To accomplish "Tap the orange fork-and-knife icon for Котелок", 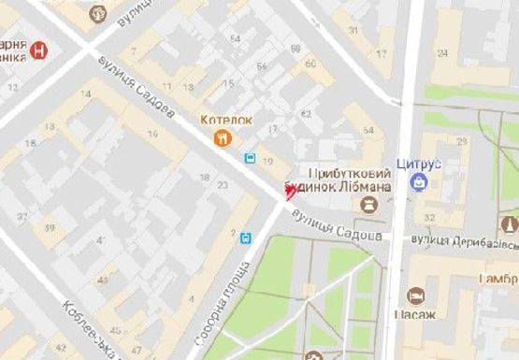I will coord(222,139).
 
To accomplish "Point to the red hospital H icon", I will coord(37,50).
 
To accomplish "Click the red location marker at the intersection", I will coord(290,190).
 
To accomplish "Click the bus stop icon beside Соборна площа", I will coord(246,238).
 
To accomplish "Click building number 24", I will coord(441,52).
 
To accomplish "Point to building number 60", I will coord(309,64).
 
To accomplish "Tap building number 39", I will coord(47,227).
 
